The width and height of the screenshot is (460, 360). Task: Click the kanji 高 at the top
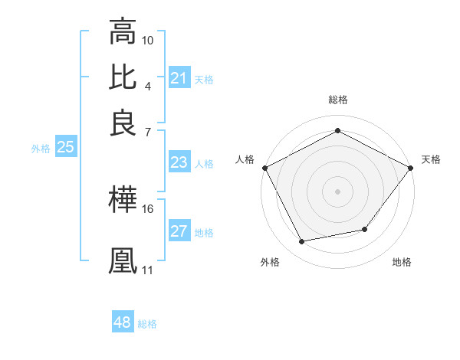[x=123, y=32]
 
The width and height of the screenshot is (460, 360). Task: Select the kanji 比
[x=123, y=77]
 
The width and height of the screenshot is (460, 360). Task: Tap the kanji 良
[x=123, y=123]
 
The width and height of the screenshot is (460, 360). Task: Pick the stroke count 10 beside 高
[x=148, y=40]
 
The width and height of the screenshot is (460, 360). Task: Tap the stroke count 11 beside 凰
[x=148, y=270]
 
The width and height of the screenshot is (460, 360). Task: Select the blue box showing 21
[x=179, y=78]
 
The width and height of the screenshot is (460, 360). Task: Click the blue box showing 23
[x=179, y=162]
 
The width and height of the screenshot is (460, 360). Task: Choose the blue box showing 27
[x=179, y=231]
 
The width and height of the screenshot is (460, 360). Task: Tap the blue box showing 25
[x=65, y=147]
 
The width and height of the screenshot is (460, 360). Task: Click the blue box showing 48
[x=123, y=322]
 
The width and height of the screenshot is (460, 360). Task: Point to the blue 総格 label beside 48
[x=147, y=324]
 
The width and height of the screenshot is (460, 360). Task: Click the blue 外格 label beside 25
[x=41, y=149]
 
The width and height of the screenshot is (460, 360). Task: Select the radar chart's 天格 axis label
[x=432, y=159]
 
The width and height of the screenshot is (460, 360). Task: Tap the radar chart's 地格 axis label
[x=402, y=263]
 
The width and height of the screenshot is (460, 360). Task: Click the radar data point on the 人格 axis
[x=264, y=167]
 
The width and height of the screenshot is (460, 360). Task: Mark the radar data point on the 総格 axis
[x=337, y=130]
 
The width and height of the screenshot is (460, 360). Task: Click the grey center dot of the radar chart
[x=337, y=191]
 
